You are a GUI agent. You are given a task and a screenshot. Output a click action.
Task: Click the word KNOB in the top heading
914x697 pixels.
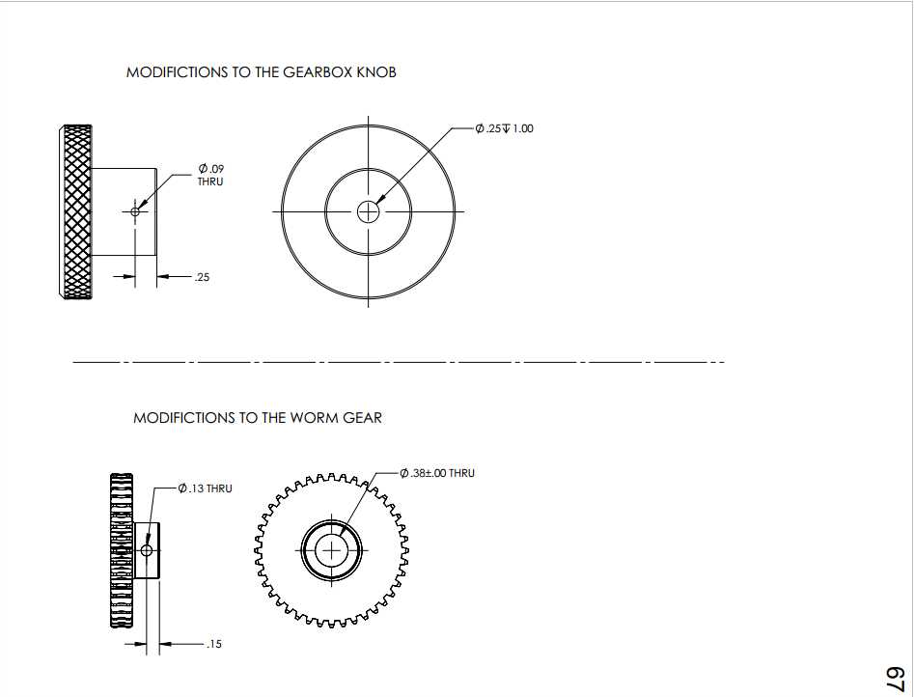pos(376,72)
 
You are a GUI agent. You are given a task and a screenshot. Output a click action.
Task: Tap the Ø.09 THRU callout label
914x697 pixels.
pos(210,175)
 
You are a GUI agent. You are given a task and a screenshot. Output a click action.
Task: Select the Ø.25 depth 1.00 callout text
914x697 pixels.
pos(504,128)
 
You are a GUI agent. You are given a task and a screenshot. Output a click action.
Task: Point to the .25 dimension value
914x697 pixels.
pos(202,277)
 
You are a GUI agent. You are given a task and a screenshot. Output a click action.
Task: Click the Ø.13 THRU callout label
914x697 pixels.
pos(206,488)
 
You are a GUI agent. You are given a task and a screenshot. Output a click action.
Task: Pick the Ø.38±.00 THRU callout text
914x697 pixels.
pos(437,473)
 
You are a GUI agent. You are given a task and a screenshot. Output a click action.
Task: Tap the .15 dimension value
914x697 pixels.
pos(214,644)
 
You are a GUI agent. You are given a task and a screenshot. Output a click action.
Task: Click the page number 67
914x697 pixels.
pos(895,679)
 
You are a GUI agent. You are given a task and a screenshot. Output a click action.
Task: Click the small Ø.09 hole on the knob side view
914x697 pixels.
pos(135,211)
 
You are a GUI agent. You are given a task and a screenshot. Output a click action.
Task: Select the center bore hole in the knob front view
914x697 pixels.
pos(368,211)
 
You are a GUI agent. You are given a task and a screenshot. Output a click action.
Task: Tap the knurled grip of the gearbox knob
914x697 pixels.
pos(76,211)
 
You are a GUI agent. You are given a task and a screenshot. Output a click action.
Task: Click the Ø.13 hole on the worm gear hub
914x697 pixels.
pos(147,550)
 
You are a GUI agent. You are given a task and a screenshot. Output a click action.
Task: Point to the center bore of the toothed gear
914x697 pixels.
pos(331,550)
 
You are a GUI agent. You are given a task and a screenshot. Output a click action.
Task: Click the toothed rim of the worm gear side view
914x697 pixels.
pos(122,550)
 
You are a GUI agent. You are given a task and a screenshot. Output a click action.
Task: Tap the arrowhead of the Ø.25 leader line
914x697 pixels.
pos(377,202)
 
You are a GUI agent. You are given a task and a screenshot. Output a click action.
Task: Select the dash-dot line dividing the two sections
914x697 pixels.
pos(399,362)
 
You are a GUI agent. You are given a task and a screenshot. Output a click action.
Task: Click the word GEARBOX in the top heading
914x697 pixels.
pos(318,72)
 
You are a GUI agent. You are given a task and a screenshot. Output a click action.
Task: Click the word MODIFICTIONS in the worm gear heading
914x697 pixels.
pos(184,418)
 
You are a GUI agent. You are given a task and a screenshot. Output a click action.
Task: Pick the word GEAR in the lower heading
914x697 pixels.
pos(362,418)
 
